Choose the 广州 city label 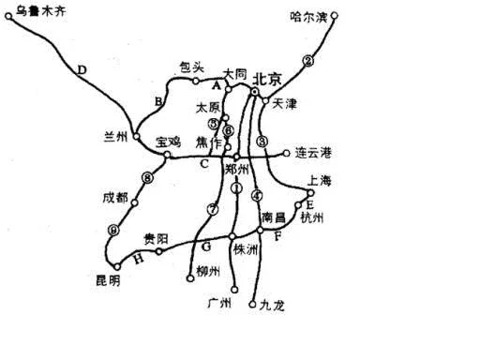point(217,304)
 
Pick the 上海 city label point(320,179)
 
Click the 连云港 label point(314,152)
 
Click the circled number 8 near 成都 point(146,177)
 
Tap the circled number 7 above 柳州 point(213,209)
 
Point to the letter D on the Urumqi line point(82,69)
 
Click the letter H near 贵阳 point(139,258)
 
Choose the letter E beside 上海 point(310,204)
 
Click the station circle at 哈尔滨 point(335,16)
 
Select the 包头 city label point(191,67)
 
